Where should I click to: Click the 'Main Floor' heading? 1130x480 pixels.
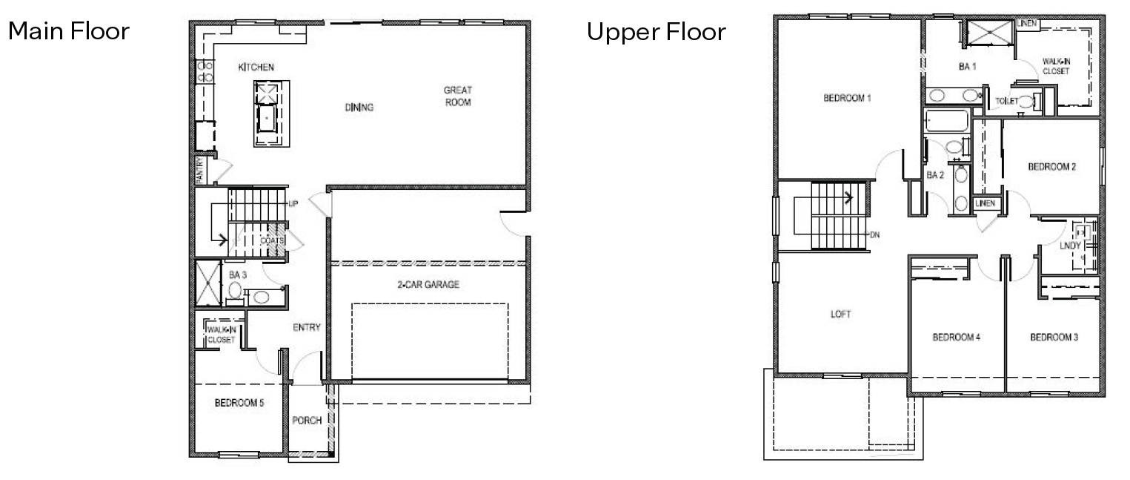68,32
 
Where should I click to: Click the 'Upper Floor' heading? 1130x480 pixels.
656,33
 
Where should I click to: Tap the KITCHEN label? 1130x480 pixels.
256,68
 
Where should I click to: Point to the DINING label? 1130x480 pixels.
359,108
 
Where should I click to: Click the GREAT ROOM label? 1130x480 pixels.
458,96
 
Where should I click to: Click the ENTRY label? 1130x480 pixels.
307,328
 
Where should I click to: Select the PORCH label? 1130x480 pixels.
307,421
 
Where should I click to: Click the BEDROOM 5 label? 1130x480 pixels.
239,404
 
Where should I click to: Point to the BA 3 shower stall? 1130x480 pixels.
207,283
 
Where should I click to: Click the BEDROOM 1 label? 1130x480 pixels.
847,98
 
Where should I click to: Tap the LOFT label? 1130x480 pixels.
840,315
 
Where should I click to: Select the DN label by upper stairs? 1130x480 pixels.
874,235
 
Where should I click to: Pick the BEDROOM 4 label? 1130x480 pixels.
956,338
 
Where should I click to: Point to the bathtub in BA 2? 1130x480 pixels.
946,121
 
